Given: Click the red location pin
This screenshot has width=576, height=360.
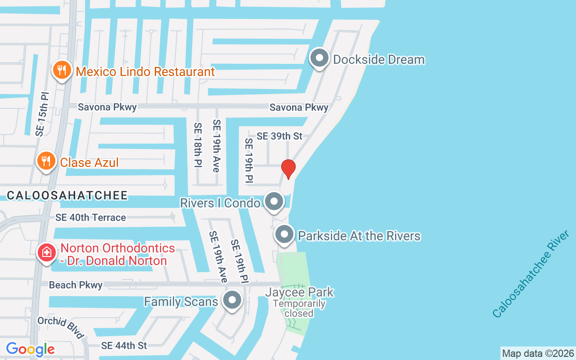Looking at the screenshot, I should pos(288,169).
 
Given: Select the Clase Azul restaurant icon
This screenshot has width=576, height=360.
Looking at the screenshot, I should pos(46,161).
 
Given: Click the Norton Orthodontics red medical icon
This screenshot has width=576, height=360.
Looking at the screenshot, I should pos(46,252).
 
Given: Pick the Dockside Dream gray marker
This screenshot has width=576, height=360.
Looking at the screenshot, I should pos(319,58).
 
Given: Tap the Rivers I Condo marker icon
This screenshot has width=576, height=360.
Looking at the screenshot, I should pos(274,202).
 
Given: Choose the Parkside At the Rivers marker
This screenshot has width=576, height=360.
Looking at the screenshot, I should pos(284,235).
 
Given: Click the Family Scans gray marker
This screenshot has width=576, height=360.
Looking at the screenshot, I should pos(232,301).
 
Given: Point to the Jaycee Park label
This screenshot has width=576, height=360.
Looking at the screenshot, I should pos(299,292).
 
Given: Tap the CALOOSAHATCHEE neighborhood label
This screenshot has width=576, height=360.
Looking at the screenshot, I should pos(67,195).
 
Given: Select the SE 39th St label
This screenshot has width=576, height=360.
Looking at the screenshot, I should pos(279,136).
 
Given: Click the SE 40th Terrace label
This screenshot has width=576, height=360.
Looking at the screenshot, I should pos(90,218).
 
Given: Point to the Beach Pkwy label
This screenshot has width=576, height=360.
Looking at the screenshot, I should pos(76,285).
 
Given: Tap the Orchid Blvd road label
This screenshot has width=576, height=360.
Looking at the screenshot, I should pos(61,327).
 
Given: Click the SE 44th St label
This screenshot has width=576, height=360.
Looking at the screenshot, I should pos(124,346).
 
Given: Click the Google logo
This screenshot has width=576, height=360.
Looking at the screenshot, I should pos(30,349).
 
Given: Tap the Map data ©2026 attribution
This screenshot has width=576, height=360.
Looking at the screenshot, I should pos(538,353).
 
